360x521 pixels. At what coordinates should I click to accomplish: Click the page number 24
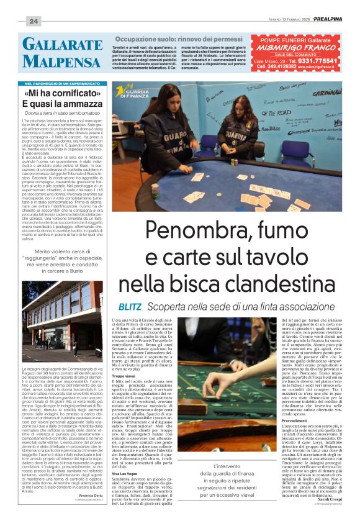coord(33,22)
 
